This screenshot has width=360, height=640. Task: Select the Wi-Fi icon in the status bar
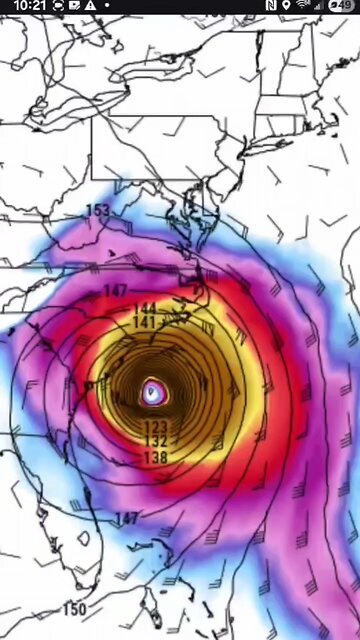point(302,6)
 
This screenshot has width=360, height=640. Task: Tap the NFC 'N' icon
point(271,6)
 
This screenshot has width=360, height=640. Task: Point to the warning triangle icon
point(90,6)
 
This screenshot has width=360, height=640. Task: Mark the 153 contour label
point(98,210)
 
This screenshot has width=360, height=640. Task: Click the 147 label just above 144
point(116,291)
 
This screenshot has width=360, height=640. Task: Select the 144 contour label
point(146,308)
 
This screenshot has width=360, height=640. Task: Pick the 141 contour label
point(144,322)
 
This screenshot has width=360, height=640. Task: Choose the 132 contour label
point(155,441)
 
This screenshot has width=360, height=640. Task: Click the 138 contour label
point(155,457)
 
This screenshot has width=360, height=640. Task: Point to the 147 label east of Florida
point(127,518)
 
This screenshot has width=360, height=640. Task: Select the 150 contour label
point(74,609)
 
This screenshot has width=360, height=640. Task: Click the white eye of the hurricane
point(152,391)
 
